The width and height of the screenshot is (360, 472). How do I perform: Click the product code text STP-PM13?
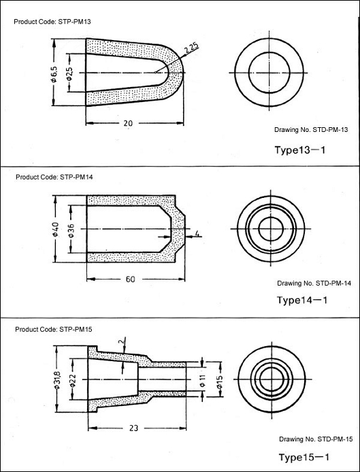tap(74, 22)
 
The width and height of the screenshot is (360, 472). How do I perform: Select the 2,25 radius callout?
tap(191, 48)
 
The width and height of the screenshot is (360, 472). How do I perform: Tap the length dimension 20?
tap(128, 123)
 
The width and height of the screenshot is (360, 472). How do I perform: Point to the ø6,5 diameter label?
tap(54, 74)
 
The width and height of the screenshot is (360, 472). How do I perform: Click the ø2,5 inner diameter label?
tap(69, 73)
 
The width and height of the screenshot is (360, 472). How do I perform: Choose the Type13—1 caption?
tap(300, 150)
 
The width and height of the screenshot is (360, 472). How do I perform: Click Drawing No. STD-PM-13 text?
tap(311, 130)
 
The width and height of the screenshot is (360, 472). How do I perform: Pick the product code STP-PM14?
tap(76, 177)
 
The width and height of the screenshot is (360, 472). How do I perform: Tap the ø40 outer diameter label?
tap(55, 229)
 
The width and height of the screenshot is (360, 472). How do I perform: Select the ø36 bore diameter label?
tap(71, 231)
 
